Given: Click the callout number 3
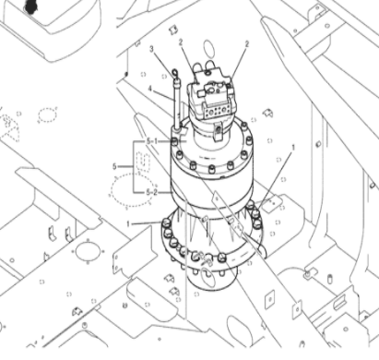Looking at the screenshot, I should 152,47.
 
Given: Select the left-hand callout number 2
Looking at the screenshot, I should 182,42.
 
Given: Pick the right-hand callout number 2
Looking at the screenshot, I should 247,43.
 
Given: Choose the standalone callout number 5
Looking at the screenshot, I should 114,166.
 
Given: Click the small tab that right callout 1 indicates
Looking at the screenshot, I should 269,204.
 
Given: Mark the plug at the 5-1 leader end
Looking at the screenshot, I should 176,141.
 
